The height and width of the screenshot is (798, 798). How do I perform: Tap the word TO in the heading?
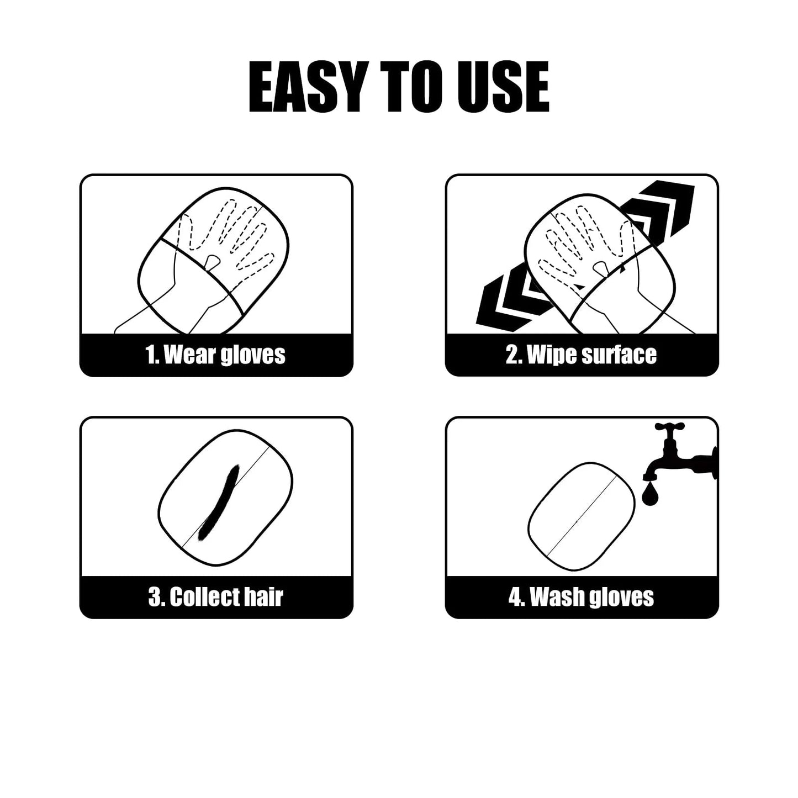click(x=408, y=87)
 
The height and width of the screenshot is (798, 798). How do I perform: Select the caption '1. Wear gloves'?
click(x=216, y=355)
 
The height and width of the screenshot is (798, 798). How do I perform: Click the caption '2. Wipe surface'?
click(x=581, y=355)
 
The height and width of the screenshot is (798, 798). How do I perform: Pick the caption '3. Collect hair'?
click(x=216, y=597)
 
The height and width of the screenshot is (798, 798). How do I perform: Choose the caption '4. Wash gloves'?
click(x=581, y=597)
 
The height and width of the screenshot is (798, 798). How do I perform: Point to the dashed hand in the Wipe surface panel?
click(x=585, y=243)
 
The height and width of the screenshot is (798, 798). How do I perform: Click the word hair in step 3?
click(x=263, y=597)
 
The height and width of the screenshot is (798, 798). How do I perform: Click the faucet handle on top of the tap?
click(x=669, y=427)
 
